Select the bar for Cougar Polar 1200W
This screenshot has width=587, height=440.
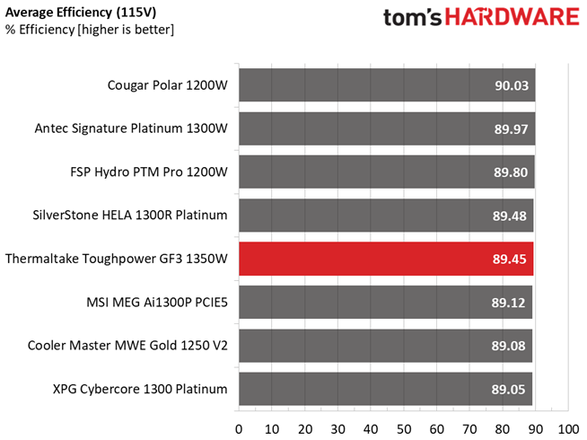point(386,86)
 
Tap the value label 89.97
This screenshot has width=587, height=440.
point(511,129)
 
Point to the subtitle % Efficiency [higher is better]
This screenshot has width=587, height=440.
point(89,31)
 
